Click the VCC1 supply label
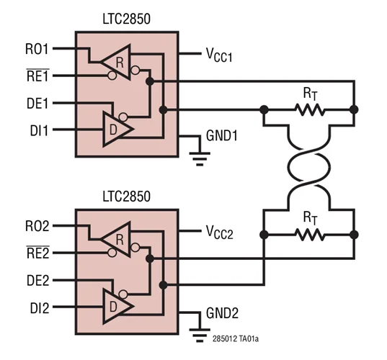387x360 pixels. coord(219,55)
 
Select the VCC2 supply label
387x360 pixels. coord(219,233)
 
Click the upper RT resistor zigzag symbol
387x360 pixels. coord(309,110)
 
